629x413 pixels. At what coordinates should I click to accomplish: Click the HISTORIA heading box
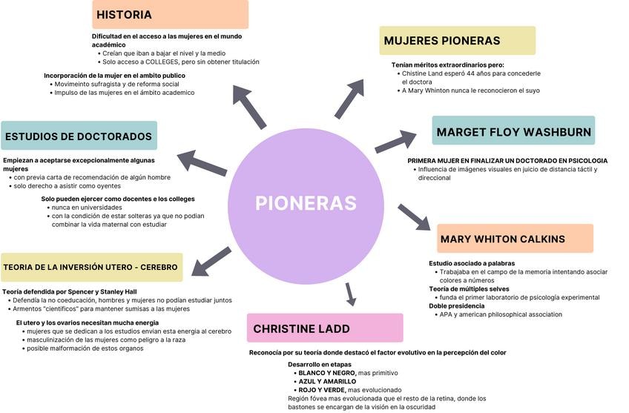click(x=170, y=15)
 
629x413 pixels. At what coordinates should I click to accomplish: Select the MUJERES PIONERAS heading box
click(x=457, y=41)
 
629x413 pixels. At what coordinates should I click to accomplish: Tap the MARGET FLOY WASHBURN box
click(x=513, y=132)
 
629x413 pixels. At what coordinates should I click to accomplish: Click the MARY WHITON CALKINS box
click(x=515, y=239)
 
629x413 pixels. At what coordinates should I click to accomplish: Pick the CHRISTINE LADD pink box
click(x=325, y=328)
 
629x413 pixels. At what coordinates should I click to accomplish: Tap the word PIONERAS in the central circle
click(x=306, y=203)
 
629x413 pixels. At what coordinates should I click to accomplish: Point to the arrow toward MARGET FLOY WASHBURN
click(x=395, y=140)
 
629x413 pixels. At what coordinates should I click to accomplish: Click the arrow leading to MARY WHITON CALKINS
click(x=414, y=217)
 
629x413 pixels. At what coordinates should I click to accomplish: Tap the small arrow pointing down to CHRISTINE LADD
click(x=351, y=294)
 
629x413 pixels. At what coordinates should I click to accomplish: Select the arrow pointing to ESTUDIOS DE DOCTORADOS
click(x=202, y=163)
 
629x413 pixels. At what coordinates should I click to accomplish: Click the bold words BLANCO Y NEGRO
click(x=326, y=373)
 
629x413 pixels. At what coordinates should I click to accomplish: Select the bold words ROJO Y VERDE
click(x=320, y=390)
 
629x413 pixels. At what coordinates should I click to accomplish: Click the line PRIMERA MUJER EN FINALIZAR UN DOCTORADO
click(x=507, y=161)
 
